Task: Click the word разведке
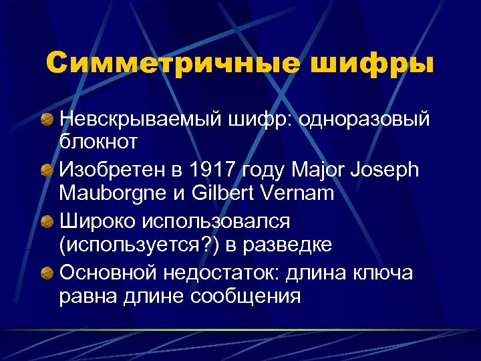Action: (x=289, y=244)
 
